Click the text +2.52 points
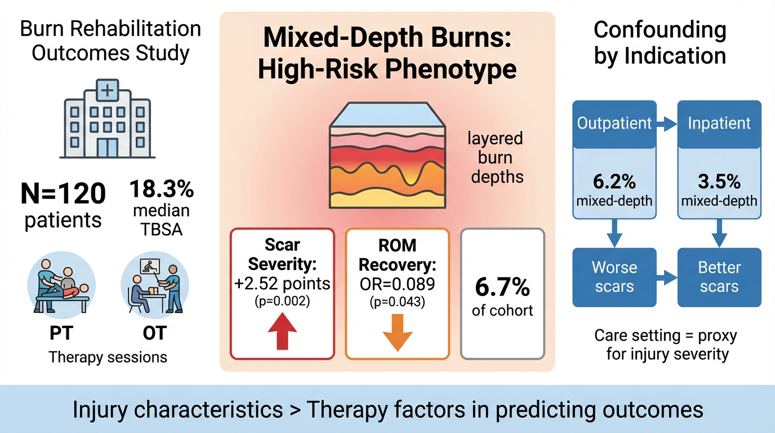[283, 284]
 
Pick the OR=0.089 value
[397, 284]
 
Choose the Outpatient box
[614, 123]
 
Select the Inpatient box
[719, 123]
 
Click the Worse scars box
[614, 276]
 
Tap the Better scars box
[719, 276]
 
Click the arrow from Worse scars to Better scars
[667, 276]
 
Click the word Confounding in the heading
[660, 30]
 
